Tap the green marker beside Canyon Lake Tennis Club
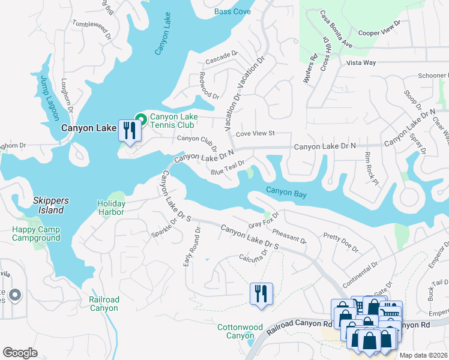[x=140, y=119]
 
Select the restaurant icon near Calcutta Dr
[x=261, y=294]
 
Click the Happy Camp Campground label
[x=36, y=234]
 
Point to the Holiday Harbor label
[x=111, y=208]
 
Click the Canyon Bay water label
[x=286, y=193]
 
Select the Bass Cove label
[x=232, y=12]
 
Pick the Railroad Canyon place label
[x=104, y=304]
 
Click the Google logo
[x=20, y=353]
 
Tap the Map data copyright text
[x=423, y=355]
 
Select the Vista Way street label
[x=361, y=62]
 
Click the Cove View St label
[x=255, y=133]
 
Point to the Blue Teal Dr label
[x=228, y=168]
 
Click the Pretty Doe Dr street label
[x=340, y=242]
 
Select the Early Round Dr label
[x=191, y=247]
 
